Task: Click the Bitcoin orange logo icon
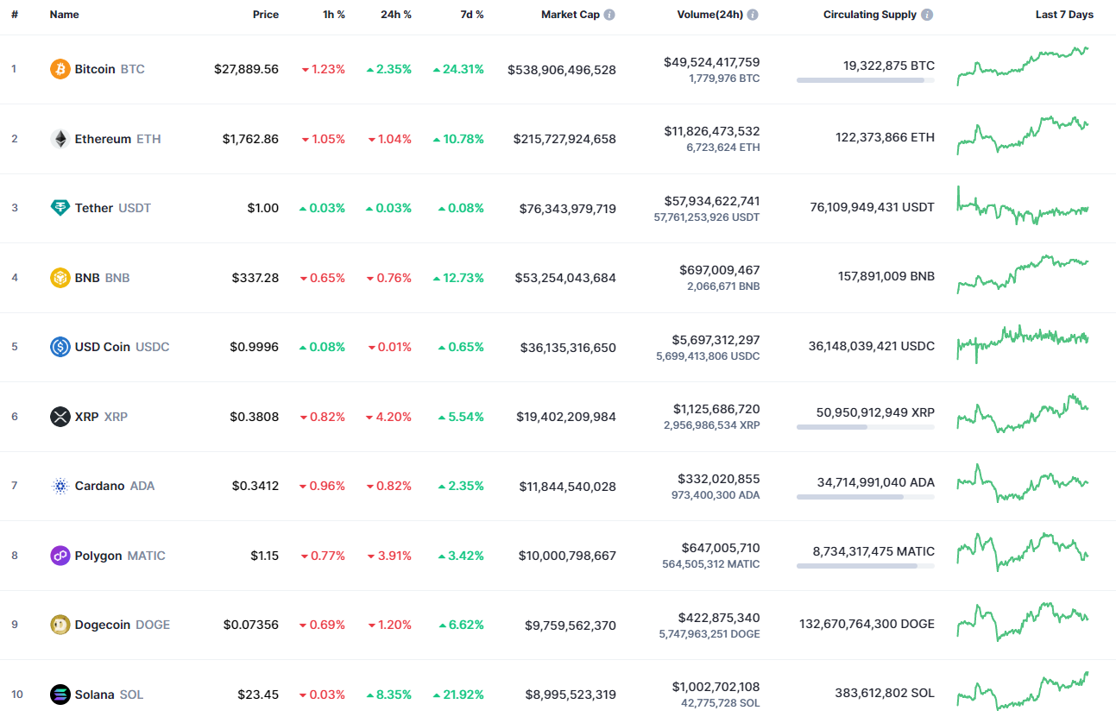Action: [60, 69]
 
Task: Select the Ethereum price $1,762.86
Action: [250, 139]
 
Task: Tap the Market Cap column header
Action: [570, 15]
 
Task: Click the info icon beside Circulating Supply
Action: [927, 15]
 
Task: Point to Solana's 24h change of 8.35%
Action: [389, 695]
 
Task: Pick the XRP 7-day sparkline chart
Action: [1023, 414]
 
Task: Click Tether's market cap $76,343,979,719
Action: [567, 208]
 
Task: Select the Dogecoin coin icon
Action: [60, 625]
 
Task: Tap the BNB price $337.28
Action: [255, 278]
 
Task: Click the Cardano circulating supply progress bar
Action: [865, 497]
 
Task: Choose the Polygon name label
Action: [98, 556]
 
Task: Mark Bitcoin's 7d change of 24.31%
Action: [458, 69]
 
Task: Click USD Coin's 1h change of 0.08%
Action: [322, 347]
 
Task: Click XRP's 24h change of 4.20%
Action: [389, 417]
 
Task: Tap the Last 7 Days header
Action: [1064, 15]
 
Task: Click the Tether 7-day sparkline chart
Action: [1023, 207]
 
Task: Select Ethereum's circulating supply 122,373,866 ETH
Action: [884, 137]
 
